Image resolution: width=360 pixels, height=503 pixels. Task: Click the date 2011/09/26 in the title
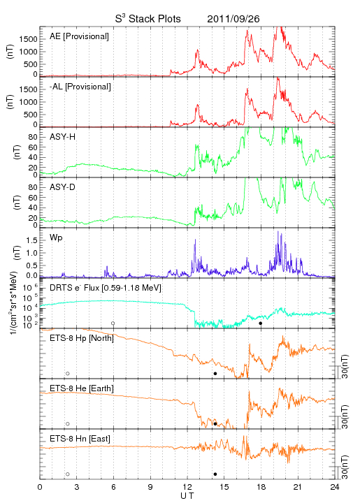233,19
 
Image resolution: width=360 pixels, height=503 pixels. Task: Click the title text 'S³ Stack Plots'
147,19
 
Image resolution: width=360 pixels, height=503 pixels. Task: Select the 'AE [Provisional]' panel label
79,36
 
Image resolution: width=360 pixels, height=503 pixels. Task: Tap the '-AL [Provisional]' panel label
80,87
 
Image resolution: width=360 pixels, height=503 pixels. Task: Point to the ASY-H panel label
63,137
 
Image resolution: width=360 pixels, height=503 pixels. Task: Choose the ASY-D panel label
63,187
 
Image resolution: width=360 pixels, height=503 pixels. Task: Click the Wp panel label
56,238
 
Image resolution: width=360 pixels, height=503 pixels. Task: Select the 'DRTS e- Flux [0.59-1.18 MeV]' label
106,288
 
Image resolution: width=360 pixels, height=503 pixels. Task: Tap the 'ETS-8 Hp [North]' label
82,338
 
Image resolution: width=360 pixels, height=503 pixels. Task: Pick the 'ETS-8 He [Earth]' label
82,388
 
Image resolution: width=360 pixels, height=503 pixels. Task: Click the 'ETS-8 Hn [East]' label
80,439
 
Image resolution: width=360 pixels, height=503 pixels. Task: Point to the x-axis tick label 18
261,487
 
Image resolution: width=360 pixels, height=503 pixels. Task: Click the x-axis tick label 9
150,487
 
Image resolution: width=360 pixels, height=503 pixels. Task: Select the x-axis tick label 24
335,487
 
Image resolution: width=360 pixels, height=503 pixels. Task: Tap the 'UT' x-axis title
187,496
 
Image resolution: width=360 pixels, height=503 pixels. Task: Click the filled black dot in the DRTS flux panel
261,323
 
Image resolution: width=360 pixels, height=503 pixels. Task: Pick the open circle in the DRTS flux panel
113,323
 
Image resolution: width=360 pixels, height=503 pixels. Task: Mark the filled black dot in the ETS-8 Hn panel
215,474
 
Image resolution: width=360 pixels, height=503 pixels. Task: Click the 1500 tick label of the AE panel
28,39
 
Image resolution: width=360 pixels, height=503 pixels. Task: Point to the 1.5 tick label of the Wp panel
31,240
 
